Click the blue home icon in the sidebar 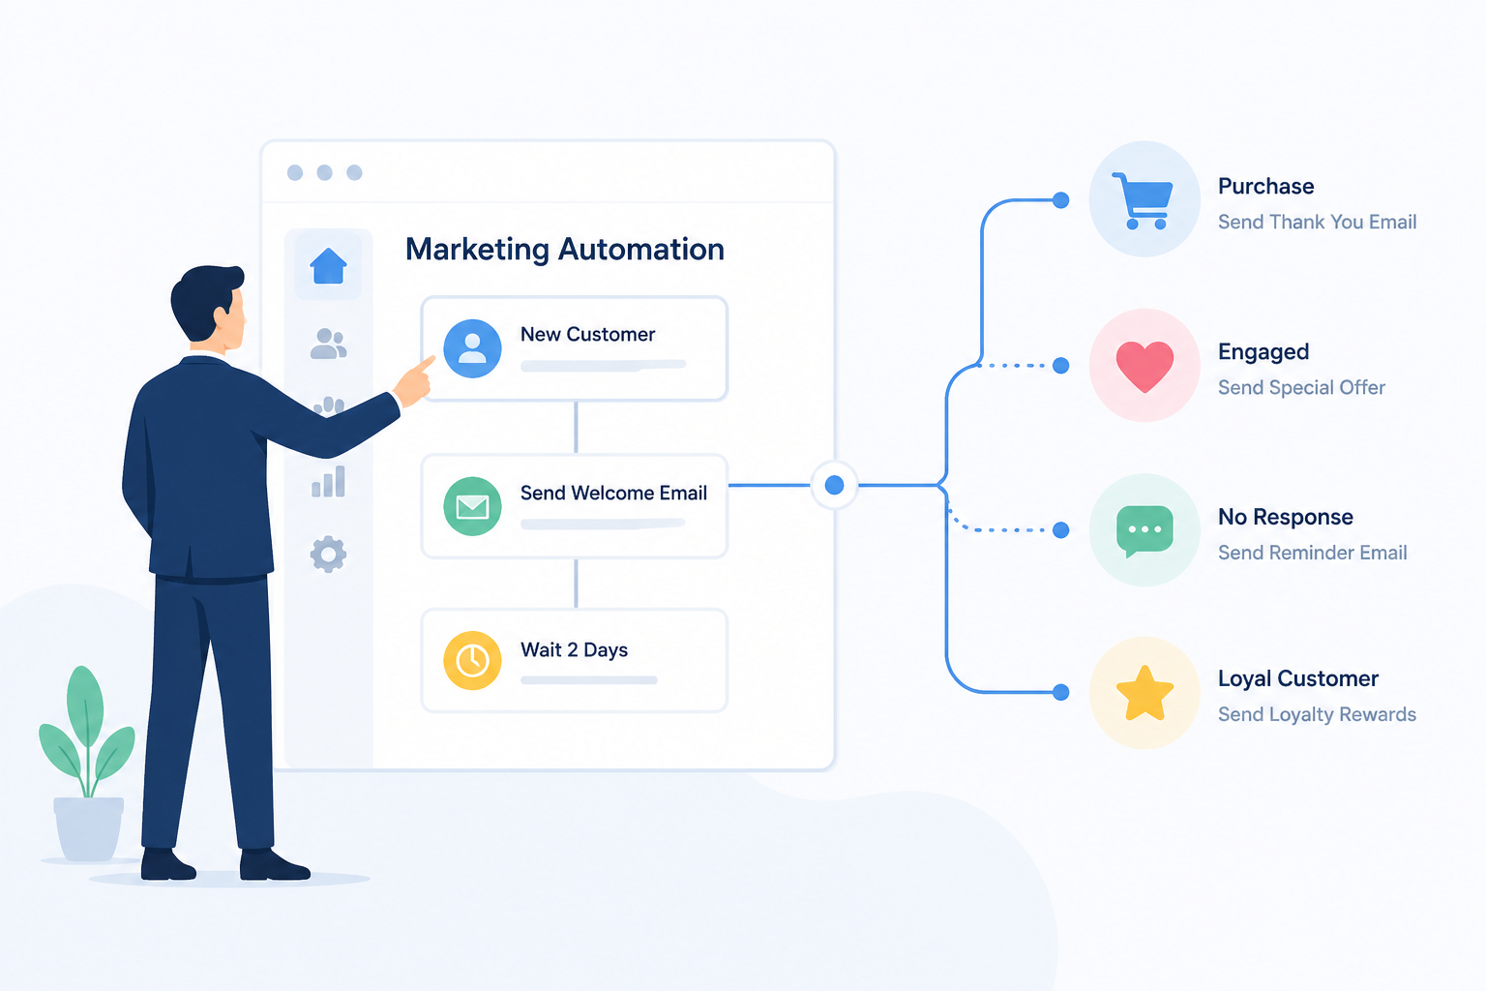(328, 265)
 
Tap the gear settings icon (328, 554)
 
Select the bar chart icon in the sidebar (328, 481)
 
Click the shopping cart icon (1143, 200)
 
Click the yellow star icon (1144, 693)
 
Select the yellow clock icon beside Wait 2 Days (472, 660)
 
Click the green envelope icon (472, 506)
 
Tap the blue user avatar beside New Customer (472, 348)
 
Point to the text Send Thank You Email (1317, 222)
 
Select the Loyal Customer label (1298, 678)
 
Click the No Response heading (1286, 517)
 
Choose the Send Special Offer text (1301, 388)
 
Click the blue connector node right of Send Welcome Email (835, 485)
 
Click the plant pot (88, 828)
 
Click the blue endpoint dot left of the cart (1060, 199)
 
